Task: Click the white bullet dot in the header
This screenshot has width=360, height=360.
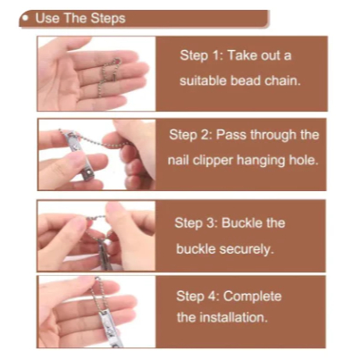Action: [27, 18]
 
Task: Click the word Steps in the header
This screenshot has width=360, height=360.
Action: [108, 18]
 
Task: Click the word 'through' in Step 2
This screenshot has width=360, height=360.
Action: [273, 135]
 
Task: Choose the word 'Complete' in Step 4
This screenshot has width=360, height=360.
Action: [252, 297]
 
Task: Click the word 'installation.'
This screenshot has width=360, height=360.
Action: [233, 317]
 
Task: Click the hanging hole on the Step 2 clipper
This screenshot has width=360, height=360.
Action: [88, 172]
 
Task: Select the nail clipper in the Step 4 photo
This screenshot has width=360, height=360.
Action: [108, 328]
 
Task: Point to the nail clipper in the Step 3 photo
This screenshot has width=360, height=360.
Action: [104, 252]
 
